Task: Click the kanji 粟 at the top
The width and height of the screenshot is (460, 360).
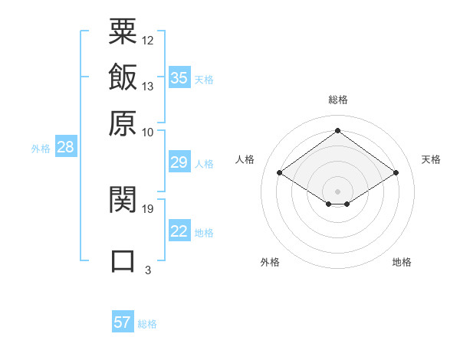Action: [x=123, y=31]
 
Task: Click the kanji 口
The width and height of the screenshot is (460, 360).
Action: [x=123, y=260]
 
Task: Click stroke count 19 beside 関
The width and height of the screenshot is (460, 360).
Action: [x=148, y=208]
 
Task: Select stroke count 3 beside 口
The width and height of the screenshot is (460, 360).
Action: [x=147, y=270]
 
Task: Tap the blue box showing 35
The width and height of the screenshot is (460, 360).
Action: [x=179, y=77]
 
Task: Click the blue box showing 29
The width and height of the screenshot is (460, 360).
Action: [x=179, y=162]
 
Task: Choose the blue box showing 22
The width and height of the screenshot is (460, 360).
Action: [x=179, y=231]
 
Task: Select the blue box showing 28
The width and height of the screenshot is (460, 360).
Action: [x=65, y=148]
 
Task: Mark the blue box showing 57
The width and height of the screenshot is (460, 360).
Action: [x=123, y=322]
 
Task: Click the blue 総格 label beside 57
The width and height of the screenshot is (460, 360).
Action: [x=147, y=324]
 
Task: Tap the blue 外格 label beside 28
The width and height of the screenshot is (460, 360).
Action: [x=41, y=149]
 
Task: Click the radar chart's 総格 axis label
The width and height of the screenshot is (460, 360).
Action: [x=338, y=100]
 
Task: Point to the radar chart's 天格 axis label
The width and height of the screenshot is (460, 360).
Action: [x=431, y=159]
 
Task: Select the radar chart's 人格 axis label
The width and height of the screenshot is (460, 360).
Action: [x=245, y=159]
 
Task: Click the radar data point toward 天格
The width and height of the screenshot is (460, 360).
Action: [x=396, y=173]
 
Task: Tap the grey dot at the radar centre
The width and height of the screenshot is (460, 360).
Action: [x=338, y=191]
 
